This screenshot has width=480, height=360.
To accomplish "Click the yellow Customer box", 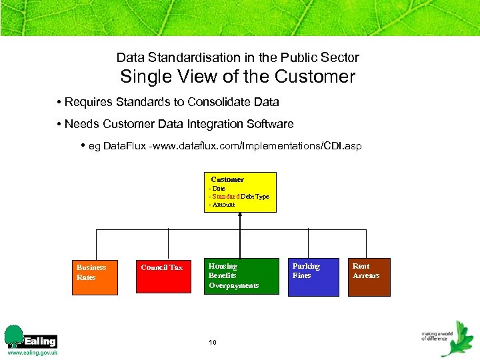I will pos(240,192).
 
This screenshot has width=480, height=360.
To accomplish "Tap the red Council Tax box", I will pos(163,276).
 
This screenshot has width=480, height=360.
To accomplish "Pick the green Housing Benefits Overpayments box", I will pos(241,276).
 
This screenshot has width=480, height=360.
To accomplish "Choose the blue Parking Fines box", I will pos(313,277).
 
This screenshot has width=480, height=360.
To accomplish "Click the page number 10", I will pos(213,343).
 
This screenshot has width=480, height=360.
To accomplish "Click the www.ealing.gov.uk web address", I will pos(32,353).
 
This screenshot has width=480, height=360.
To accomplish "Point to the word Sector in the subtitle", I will pos(341,58).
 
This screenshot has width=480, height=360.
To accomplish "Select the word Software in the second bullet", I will pos(270,124).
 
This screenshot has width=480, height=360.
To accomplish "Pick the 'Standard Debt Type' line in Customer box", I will pos(239,197).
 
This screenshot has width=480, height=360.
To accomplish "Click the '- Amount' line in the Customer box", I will pos(222,205).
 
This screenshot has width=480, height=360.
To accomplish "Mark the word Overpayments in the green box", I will pos(234,285).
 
